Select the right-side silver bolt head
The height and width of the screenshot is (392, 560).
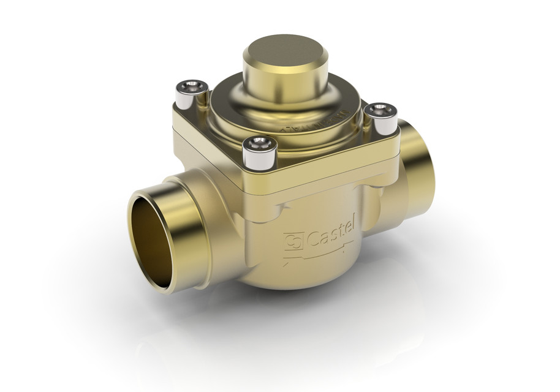[x=380, y=118]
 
